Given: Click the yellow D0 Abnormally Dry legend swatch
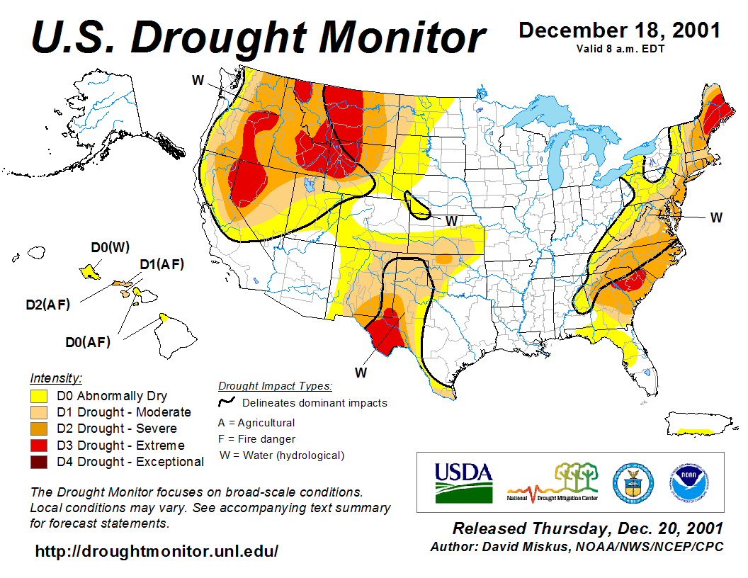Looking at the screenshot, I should tap(39, 396).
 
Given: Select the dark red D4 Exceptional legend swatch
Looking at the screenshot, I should tap(39, 462).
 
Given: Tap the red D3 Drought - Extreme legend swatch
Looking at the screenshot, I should tap(39, 446).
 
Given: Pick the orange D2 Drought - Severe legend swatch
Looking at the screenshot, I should tap(39, 429).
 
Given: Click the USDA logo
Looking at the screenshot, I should tap(463, 482).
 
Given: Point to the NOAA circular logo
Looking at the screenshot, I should tap(686, 482).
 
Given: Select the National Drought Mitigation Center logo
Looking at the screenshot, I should tap(553, 482).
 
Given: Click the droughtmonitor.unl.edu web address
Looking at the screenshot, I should tap(157, 550).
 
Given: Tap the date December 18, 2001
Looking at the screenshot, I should tap(620, 30).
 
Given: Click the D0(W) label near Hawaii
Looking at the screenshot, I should tap(110, 247).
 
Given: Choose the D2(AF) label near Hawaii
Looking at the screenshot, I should tap(47, 305).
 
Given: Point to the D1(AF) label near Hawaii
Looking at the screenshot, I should tap(161, 265).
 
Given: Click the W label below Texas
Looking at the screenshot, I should tap(361, 371).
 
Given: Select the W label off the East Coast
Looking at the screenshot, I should tap(716, 217).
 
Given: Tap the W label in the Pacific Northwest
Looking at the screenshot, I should tap(198, 79).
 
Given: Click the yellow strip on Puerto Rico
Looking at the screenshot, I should tap(695, 431).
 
